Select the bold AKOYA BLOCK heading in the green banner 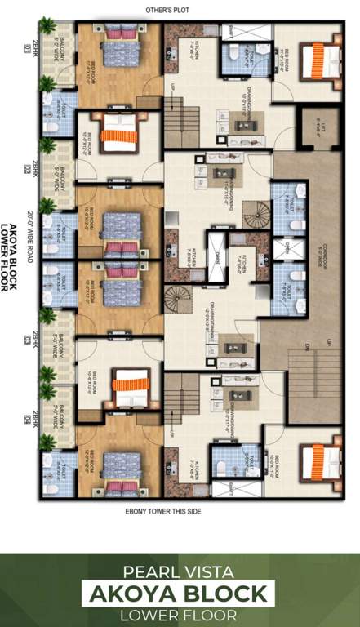179,593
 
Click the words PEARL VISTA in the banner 179,573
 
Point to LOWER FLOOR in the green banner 179,613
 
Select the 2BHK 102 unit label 31,167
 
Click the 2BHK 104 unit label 31,418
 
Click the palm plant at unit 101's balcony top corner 47,26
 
